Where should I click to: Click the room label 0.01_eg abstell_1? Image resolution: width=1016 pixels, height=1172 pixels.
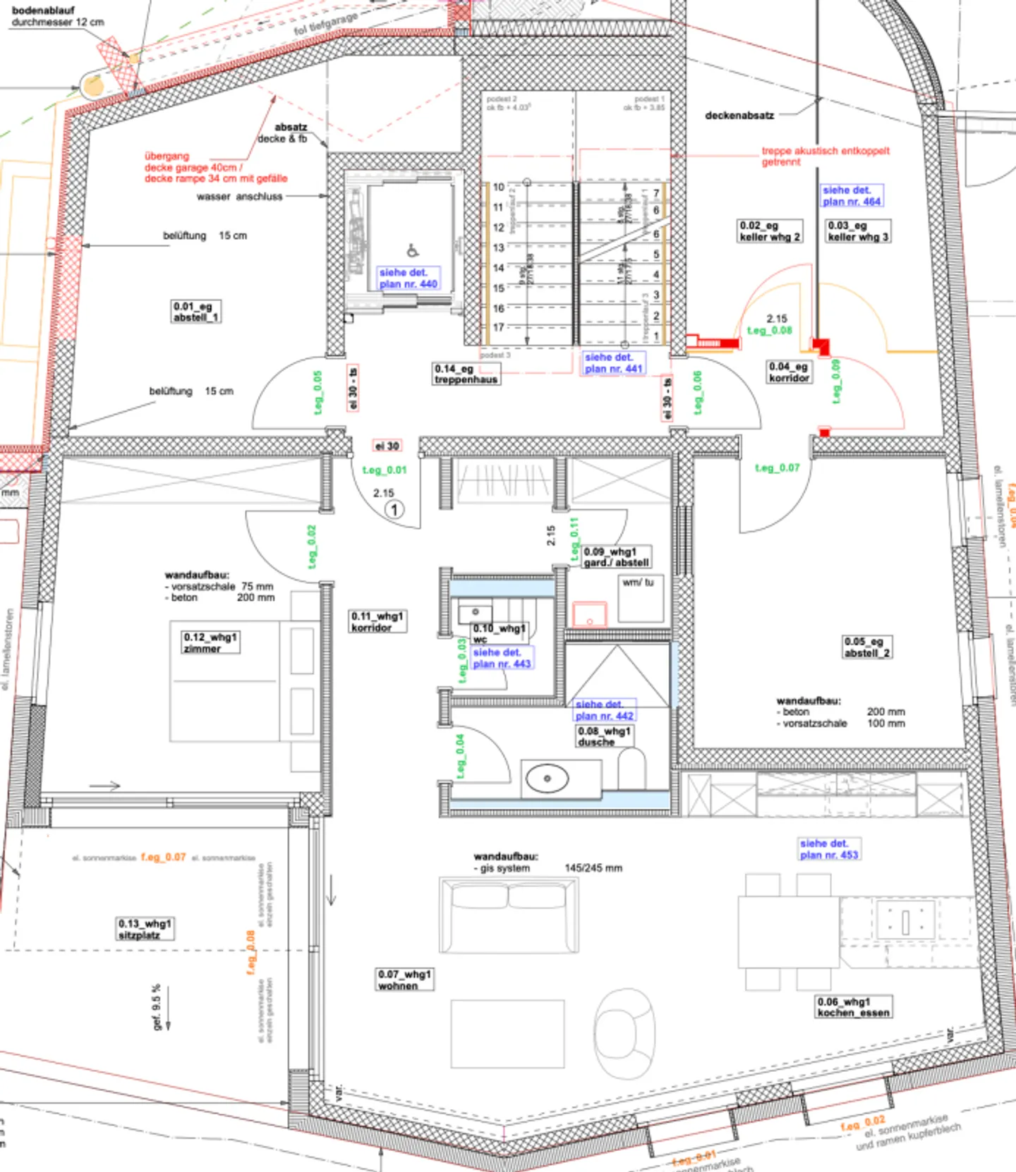click(x=196, y=312)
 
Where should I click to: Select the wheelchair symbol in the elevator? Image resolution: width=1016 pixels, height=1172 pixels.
click(x=413, y=250)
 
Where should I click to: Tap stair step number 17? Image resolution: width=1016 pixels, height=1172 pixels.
click(x=498, y=327)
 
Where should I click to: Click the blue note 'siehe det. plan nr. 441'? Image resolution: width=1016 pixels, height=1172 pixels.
click(x=613, y=363)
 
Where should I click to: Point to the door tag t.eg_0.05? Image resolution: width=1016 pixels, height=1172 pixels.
click(x=317, y=392)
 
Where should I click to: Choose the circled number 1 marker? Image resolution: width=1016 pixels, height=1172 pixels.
click(x=394, y=509)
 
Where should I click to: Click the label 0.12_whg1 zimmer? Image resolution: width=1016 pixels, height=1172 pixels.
click(x=210, y=642)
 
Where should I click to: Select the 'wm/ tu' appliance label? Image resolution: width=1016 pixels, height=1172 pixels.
click(x=638, y=582)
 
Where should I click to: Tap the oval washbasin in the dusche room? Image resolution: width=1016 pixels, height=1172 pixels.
click(x=548, y=779)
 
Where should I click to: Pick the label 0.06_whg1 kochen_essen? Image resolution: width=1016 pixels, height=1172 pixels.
click(x=853, y=1007)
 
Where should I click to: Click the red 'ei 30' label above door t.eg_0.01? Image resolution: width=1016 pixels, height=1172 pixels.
click(x=387, y=446)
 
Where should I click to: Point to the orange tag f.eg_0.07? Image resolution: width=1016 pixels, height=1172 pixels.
click(x=163, y=857)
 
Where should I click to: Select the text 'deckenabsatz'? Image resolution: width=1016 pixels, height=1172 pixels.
click(x=739, y=116)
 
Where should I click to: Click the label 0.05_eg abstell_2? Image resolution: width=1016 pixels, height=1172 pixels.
click(x=866, y=647)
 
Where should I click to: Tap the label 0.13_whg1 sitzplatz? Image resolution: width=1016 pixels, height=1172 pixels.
click(x=145, y=929)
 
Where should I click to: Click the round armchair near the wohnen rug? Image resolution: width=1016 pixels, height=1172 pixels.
click(x=624, y=1032)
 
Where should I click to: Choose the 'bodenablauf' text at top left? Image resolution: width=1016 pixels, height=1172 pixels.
click(x=43, y=11)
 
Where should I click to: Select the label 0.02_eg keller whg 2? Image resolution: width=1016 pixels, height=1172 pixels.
click(x=769, y=231)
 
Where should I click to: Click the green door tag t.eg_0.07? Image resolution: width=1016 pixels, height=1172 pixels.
click(x=777, y=468)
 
